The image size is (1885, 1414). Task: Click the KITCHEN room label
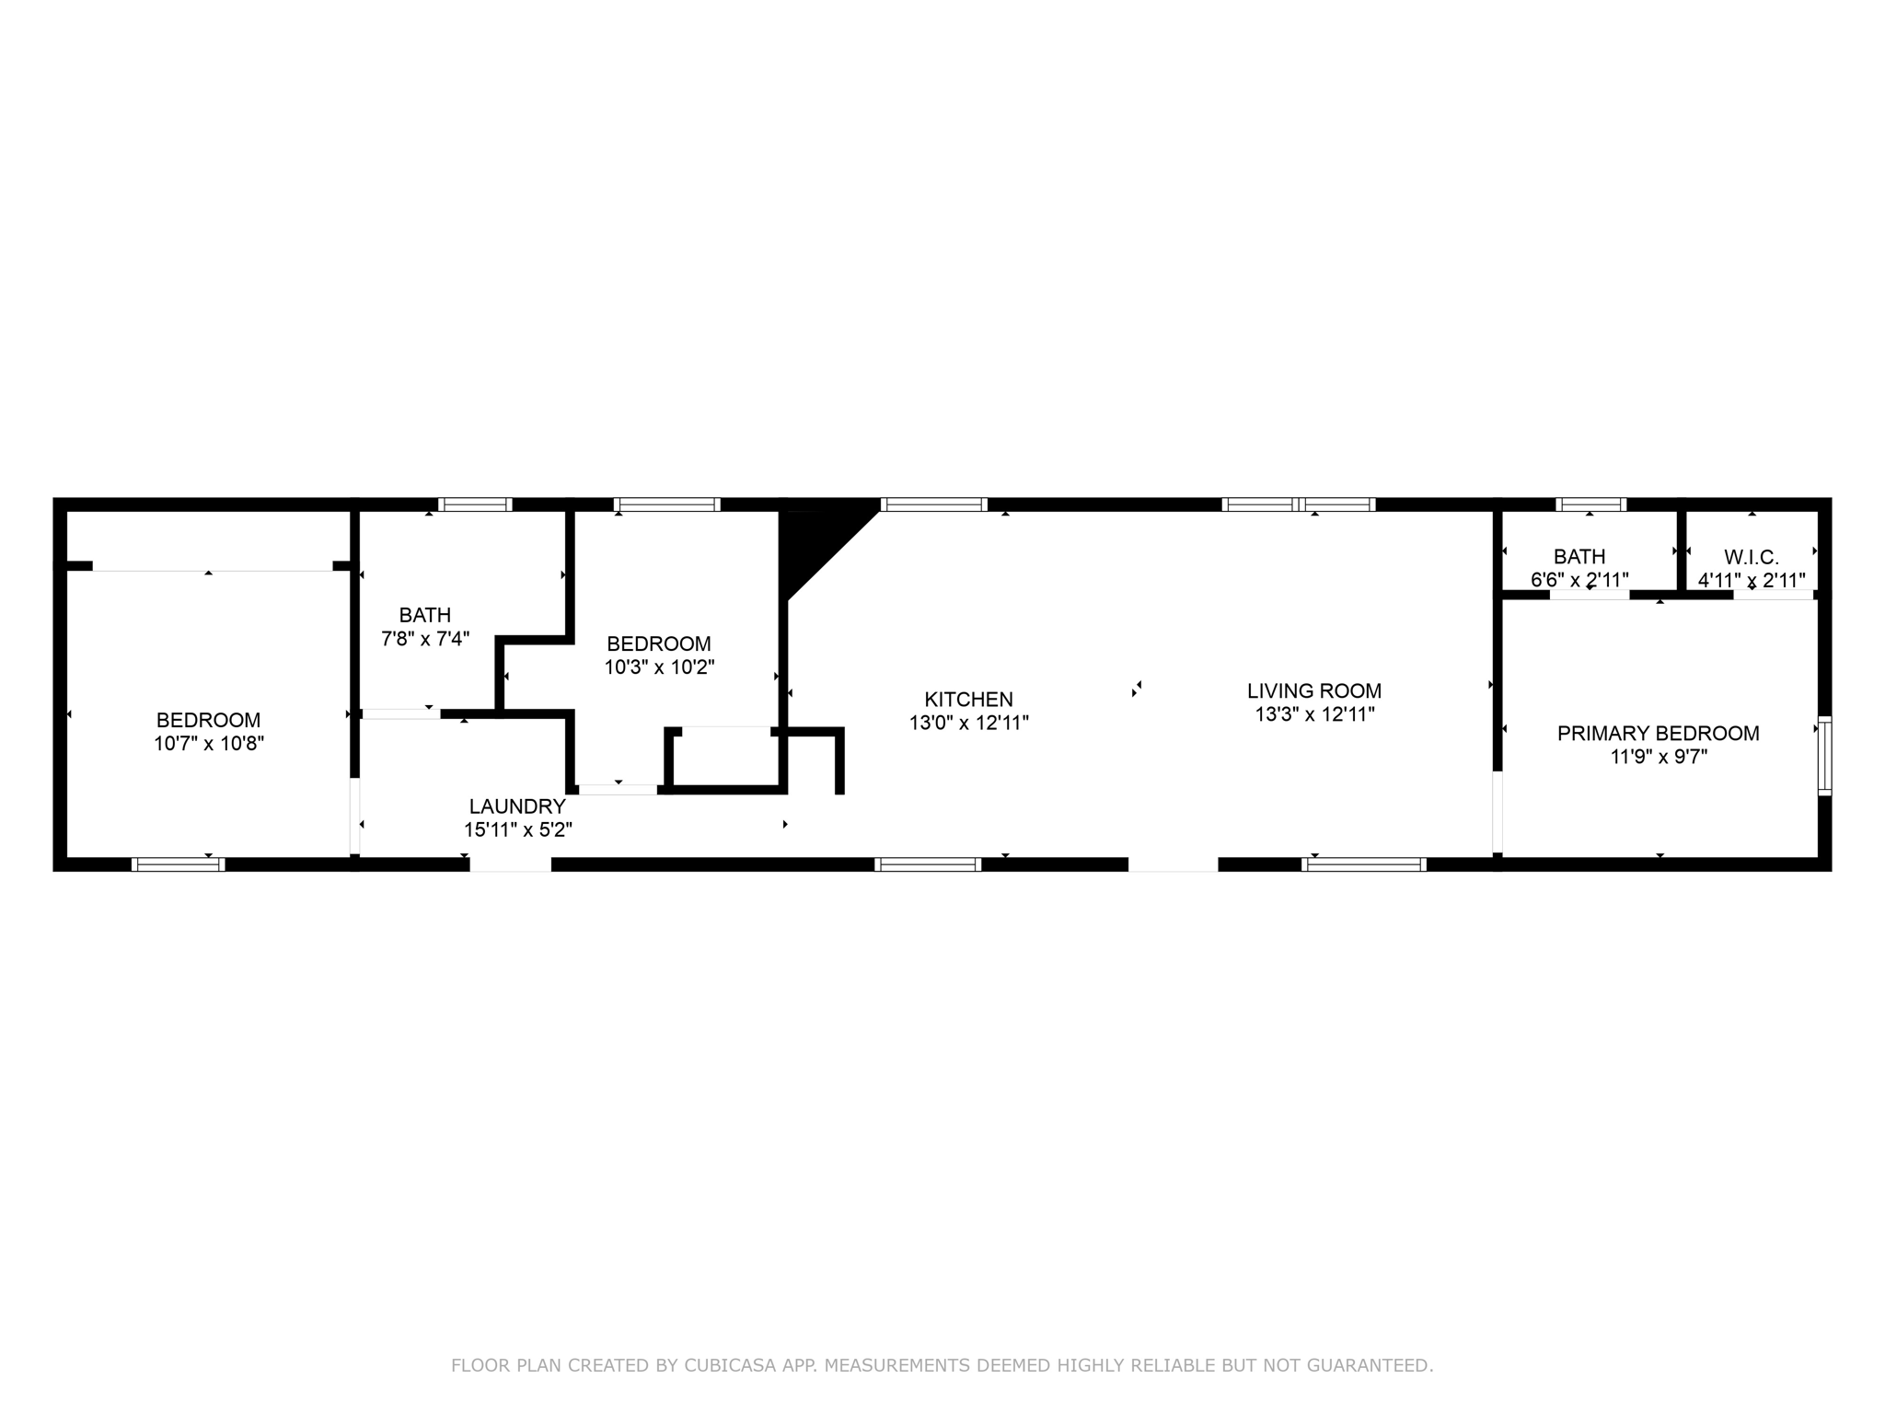click(x=968, y=700)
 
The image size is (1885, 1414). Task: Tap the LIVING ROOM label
click(x=1314, y=690)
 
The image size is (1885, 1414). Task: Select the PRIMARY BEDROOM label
click(x=1658, y=734)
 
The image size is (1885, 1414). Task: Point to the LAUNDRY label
click(x=517, y=806)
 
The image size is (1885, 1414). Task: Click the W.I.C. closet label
click(x=1751, y=557)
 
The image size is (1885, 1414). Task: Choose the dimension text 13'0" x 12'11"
click(x=968, y=724)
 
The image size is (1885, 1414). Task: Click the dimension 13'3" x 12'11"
click(x=1314, y=714)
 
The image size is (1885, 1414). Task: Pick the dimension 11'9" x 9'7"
click(x=1658, y=757)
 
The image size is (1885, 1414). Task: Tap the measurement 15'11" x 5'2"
click(x=517, y=829)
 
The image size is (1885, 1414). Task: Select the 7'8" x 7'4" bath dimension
click(x=425, y=639)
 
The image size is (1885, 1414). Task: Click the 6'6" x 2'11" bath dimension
click(x=1579, y=580)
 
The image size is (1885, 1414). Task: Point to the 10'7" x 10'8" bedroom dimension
click(x=209, y=744)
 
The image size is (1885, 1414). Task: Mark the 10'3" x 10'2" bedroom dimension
click(x=659, y=667)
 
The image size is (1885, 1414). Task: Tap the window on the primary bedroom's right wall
click(x=1824, y=755)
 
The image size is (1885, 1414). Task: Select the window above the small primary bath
click(x=1590, y=504)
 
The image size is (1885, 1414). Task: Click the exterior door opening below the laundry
click(x=511, y=864)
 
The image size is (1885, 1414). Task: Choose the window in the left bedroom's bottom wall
click(x=179, y=864)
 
